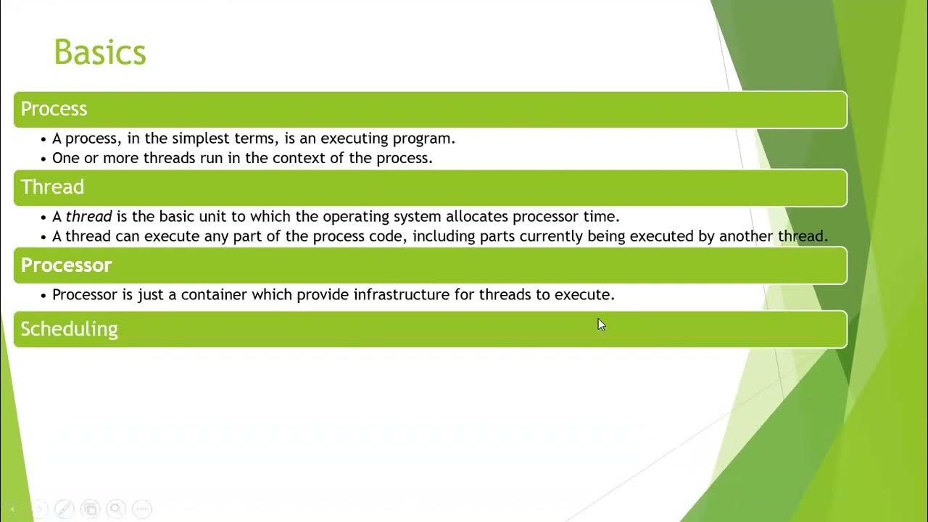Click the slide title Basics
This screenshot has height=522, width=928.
(100, 52)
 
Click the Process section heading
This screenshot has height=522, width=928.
(54, 109)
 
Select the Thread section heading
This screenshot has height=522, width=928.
(52, 187)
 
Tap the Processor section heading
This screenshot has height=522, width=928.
(66, 265)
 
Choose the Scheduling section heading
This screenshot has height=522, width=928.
(69, 329)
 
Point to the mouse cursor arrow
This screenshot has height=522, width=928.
(601, 325)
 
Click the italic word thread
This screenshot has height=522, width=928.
(88, 216)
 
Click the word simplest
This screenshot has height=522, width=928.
(198, 138)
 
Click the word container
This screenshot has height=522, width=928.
(213, 294)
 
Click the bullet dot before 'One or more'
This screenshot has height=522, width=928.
(44, 158)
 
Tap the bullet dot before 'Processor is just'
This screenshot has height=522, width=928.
(44, 294)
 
